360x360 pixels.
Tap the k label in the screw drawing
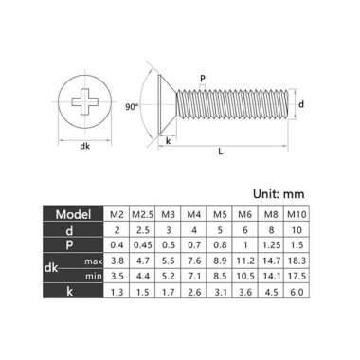[168, 141]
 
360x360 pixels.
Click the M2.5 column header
[141, 213]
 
